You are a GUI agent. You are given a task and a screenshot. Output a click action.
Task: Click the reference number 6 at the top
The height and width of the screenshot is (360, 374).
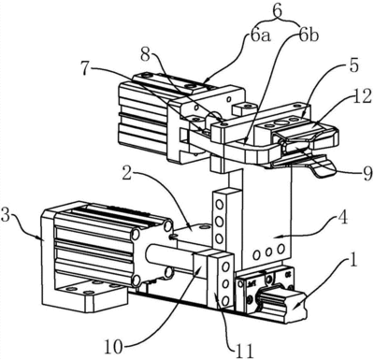pyautogui.click(x=278, y=11)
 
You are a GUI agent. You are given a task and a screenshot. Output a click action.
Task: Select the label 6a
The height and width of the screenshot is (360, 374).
pyautogui.click(x=261, y=36)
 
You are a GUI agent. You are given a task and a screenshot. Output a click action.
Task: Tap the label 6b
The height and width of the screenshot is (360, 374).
pyautogui.click(x=309, y=36)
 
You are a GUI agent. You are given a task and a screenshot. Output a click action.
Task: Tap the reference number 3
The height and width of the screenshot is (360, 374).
pyautogui.click(x=7, y=214)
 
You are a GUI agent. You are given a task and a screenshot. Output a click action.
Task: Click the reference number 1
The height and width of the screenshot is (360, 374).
pyautogui.click(x=353, y=259)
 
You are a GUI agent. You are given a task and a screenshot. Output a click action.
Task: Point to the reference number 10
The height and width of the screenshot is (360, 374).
pyautogui.click(x=113, y=347)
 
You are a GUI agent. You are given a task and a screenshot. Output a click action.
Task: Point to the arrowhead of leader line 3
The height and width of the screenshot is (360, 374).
pyautogui.click(x=41, y=238)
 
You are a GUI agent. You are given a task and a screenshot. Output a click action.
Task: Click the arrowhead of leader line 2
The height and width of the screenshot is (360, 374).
pyautogui.click(x=189, y=225)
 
